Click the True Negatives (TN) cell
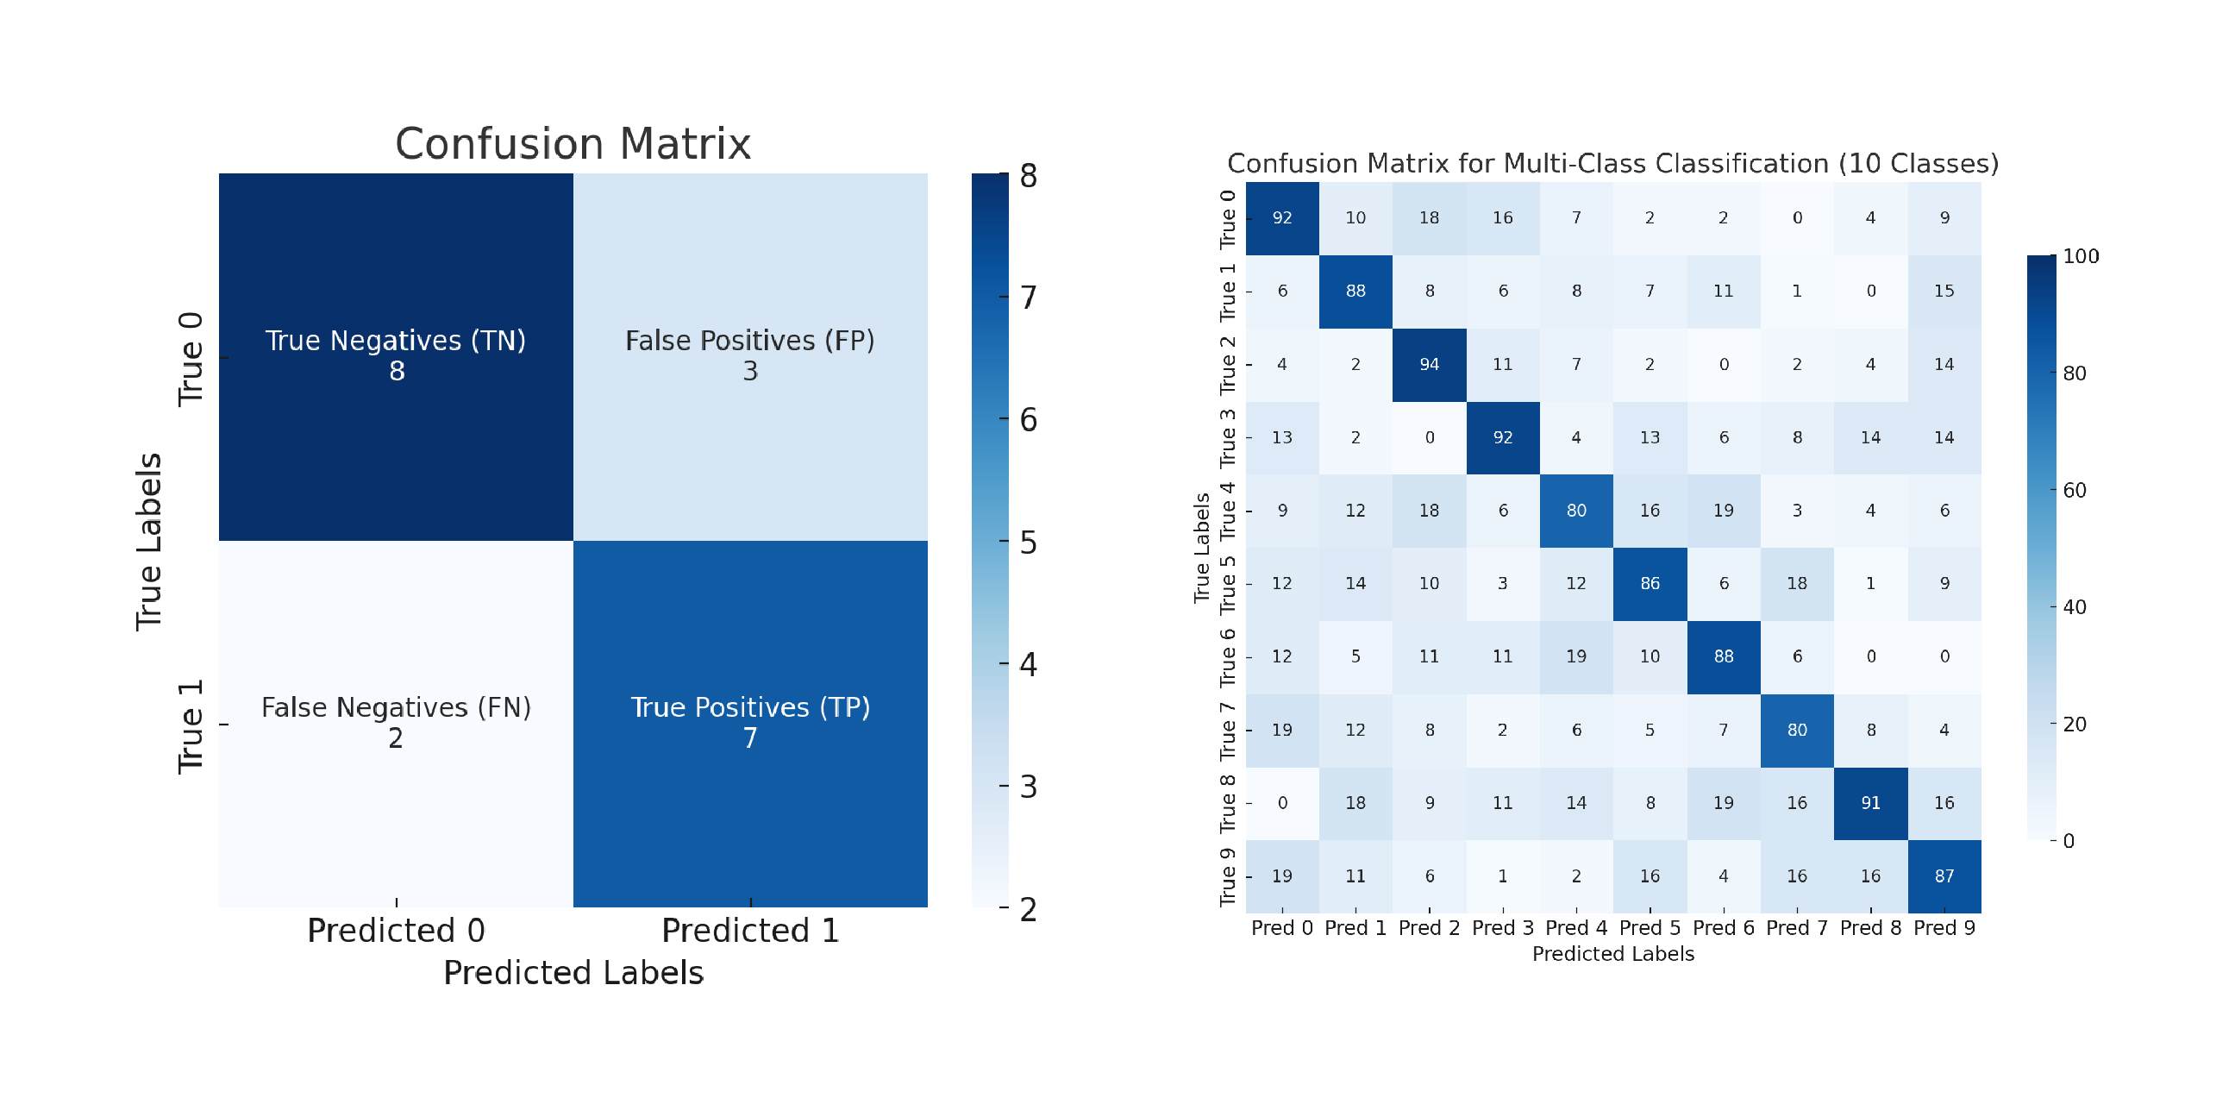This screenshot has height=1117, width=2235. [396, 356]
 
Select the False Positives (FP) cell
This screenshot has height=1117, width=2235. [749, 356]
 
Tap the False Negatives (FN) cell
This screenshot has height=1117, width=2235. [396, 723]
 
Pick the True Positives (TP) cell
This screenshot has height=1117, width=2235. [749, 723]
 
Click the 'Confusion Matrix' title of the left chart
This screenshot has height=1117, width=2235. [573, 144]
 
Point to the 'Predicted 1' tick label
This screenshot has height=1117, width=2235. [749, 931]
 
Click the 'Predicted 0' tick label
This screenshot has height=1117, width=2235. [396, 931]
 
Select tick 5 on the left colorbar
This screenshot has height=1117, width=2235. [1028, 543]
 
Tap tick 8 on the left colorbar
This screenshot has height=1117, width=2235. [1028, 176]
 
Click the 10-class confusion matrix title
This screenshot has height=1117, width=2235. [1612, 164]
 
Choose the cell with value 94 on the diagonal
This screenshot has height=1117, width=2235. [1429, 365]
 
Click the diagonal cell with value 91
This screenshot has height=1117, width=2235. [1869, 803]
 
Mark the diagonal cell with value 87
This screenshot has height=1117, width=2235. [1944, 875]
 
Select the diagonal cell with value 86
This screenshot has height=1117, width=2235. [1650, 583]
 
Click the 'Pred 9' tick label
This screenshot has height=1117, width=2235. [1944, 928]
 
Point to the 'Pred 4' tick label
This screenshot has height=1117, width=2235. [1575, 928]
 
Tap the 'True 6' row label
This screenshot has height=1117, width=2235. [1227, 657]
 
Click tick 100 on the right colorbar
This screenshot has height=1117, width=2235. [2080, 256]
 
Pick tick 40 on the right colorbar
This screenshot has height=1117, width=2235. [2074, 606]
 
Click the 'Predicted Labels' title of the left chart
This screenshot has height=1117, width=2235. [573, 973]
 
